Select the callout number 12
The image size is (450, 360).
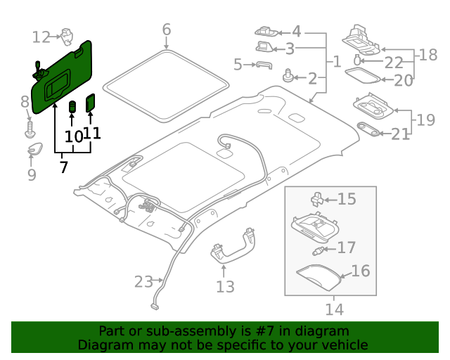[x=41, y=37]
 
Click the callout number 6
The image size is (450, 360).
[x=167, y=30]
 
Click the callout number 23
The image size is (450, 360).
[x=143, y=282]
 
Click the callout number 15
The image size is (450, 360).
[x=347, y=199]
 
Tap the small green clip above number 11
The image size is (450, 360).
[x=91, y=103]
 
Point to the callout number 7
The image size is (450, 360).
[x=63, y=167]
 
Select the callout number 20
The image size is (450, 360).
[x=404, y=80]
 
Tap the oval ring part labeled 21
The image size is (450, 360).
[x=367, y=128]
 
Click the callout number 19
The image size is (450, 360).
[x=425, y=120]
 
